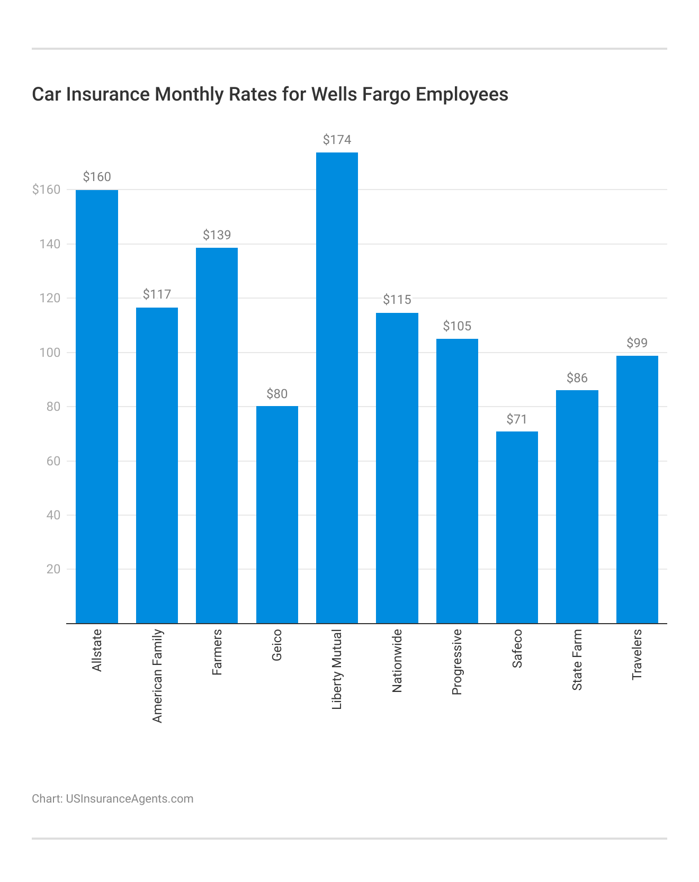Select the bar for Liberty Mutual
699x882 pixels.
(x=337, y=388)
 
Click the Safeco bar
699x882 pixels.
(x=517, y=527)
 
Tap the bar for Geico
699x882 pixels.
(x=277, y=515)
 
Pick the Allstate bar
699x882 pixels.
(x=97, y=407)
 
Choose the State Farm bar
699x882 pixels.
(x=577, y=507)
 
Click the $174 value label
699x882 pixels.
(x=337, y=140)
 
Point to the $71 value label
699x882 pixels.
(x=517, y=419)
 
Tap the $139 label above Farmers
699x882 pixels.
(x=217, y=235)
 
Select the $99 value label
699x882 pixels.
(x=637, y=343)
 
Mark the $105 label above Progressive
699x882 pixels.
(x=457, y=326)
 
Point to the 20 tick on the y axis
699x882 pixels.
(x=53, y=569)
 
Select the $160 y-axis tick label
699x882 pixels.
(x=46, y=190)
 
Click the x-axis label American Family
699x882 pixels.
(x=157, y=676)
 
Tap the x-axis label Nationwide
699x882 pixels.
(x=397, y=661)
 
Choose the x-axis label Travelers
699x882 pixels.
(x=637, y=654)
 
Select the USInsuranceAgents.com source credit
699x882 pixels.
(x=129, y=798)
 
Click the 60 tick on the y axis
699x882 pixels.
(x=53, y=461)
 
